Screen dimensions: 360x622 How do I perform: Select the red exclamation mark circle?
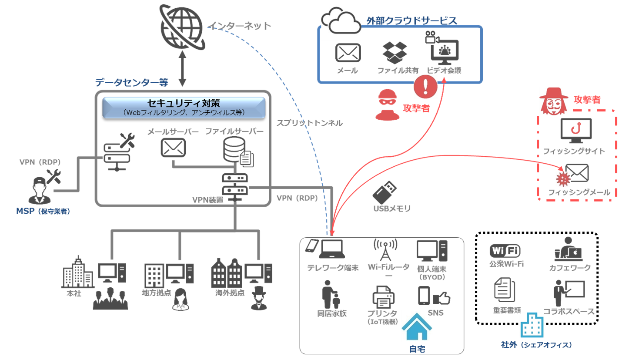[426, 86]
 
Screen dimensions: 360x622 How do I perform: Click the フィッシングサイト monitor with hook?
[576, 131]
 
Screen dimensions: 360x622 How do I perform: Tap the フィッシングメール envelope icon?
[576, 173]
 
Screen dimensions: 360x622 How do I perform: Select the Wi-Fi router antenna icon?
[385, 250]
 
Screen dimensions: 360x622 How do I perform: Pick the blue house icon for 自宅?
[417, 327]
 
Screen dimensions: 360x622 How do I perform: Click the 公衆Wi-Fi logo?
[505, 251]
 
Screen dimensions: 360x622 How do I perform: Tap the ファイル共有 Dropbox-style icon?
[395, 53]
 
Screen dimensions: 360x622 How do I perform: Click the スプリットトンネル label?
[309, 123]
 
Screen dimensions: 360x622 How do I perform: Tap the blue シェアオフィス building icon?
[532, 325]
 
